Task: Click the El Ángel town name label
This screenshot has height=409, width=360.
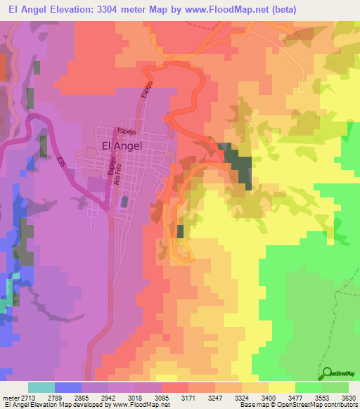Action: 122,146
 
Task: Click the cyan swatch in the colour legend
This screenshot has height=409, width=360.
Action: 41,387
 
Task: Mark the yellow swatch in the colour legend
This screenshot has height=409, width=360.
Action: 281,387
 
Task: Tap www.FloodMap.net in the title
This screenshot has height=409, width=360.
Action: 229,9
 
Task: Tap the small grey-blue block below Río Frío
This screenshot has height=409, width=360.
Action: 124,202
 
